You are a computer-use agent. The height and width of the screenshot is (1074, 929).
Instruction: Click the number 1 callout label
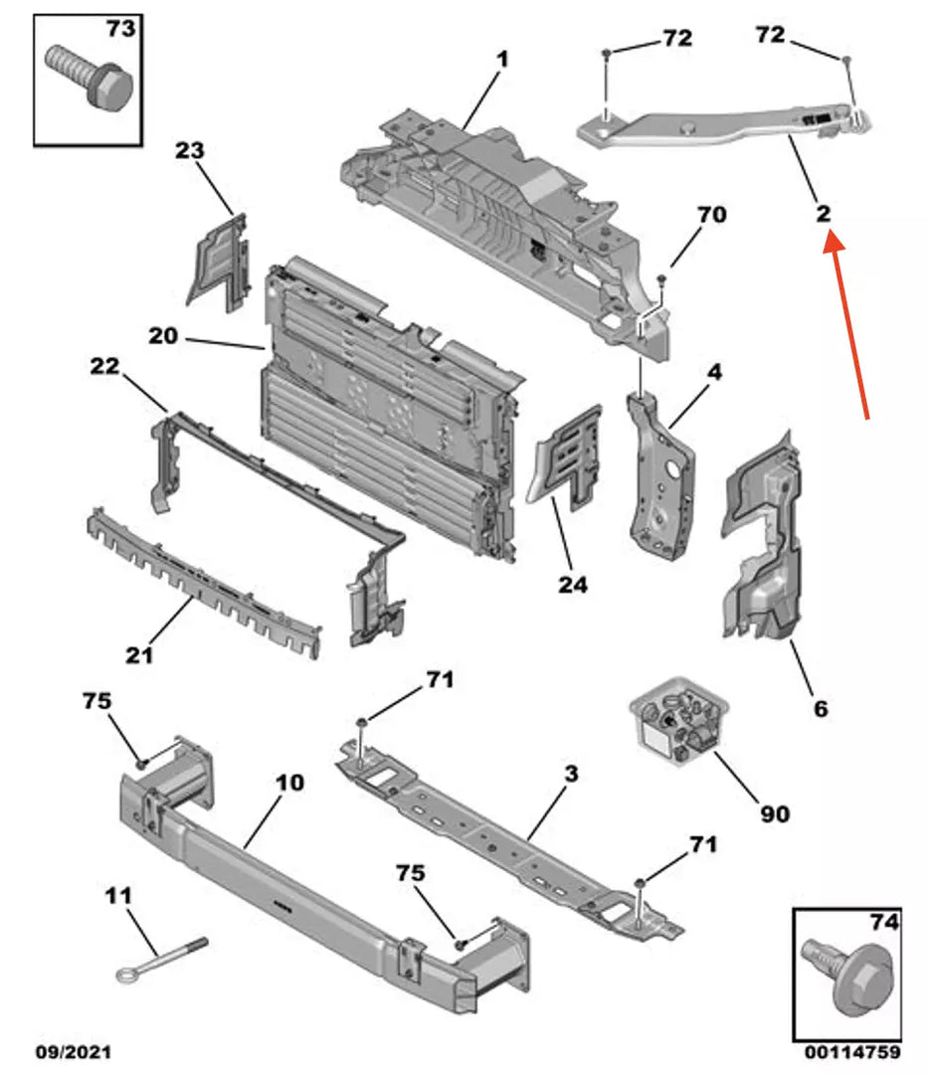click(x=502, y=60)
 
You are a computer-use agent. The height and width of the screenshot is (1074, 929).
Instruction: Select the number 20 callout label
click(x=163, y=336)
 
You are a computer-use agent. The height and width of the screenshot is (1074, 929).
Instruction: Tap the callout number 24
click(x=572, y=585)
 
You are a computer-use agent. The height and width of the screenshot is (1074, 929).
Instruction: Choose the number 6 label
click(x=820, y=709)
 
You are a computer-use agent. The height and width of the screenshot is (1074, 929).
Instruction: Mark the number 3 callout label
click(x=570, y=772)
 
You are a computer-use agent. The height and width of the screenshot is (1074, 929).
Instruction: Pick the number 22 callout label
click(x=104, y=366)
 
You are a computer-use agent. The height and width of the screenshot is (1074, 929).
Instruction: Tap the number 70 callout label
click(x=711, y=214)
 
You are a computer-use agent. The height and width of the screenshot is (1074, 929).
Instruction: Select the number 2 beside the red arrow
click(x=824, y=212)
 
